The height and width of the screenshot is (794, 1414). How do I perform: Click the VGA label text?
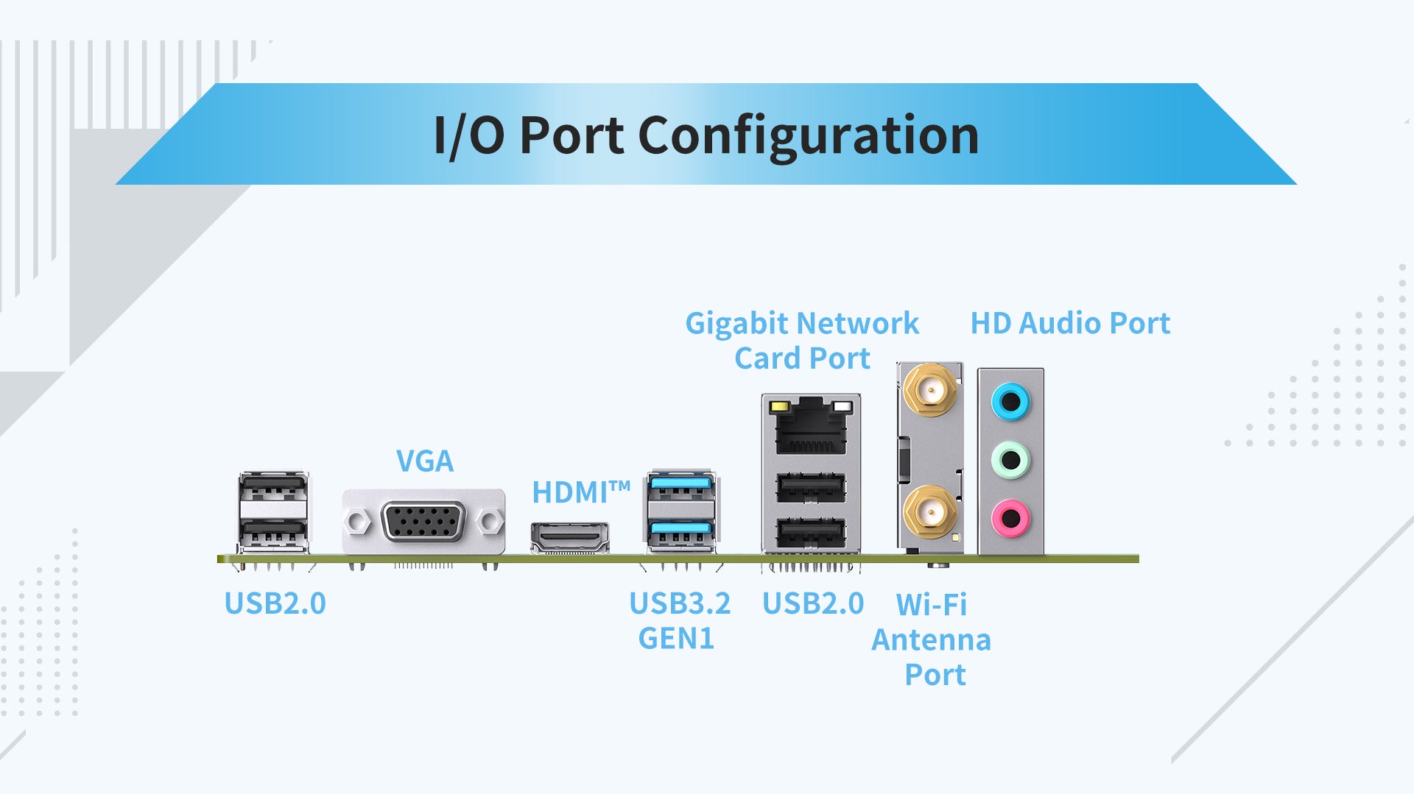pos(425,461)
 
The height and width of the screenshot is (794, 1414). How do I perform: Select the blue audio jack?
pos(1010,402)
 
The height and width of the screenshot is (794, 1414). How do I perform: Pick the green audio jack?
pos(1010,460)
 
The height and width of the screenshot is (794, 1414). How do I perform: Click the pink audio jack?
pos(1010,518)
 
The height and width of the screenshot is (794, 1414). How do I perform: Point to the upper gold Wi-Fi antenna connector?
pos(930,389)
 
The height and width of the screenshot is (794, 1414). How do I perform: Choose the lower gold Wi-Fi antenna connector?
pos(930,511)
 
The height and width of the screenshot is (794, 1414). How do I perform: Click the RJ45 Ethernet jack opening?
pos(811,434)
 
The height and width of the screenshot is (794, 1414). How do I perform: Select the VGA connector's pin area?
pos(423,522)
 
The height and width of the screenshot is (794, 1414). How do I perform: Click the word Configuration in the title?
pos(808,135)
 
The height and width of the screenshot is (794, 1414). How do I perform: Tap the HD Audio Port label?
pos(1070,323)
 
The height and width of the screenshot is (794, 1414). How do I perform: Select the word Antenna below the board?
pos(931,640)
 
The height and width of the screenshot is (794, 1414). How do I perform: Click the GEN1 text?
pos(676,639)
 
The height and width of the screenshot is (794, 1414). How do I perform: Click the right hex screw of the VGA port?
pos(488,522)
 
